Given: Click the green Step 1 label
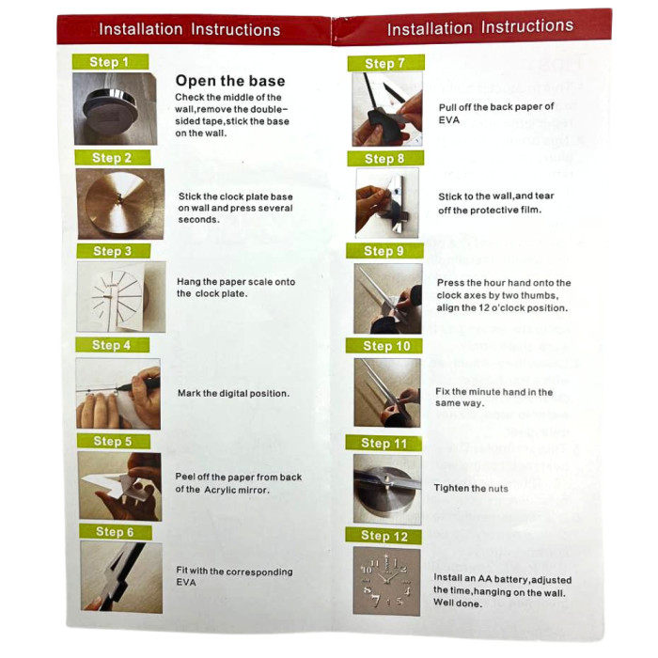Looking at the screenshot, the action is pyautogui.click(x=110, y=62).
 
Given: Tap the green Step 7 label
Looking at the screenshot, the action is pyautogui.click(x=385, y=63).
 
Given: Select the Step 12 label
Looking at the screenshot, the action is pyautogui.click(x=384, y=536).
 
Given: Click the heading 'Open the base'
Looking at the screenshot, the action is pyautogui.click(x=230, y=81).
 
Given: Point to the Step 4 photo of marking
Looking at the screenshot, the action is pyautogui.click(x=117, y=394).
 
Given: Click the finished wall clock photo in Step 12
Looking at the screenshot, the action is pyautogui.click(x=386, y=581).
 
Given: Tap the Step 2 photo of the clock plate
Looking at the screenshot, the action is pyautogui.click(x=120, y=204).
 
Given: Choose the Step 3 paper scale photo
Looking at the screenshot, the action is pyautogui.click(x=121, y=297).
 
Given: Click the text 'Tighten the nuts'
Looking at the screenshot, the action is pyautogui.click(x=471, y=488).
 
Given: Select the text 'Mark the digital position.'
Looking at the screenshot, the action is pyautogui.click(x=233, y=393).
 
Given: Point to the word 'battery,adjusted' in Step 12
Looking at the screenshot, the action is pyautogui.click(x=533, y=580).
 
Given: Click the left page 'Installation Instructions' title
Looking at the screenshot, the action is pyautogui.click(x=189, y=30).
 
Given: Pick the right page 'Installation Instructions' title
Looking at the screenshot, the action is pyautogui.click(x=480, y=27).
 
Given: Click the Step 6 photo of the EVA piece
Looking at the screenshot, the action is pyautogui.click(x=121, y=577).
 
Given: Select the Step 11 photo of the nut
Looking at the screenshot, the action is pyautogui.click(x=387, y=490).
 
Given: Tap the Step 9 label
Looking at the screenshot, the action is pyautogui.click(x=384, y=251).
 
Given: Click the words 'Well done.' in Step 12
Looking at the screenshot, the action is pyautogui.click(x=458, y=603).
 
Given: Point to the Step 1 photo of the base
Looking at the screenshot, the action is pyautogui.click(x=116, y=109).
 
